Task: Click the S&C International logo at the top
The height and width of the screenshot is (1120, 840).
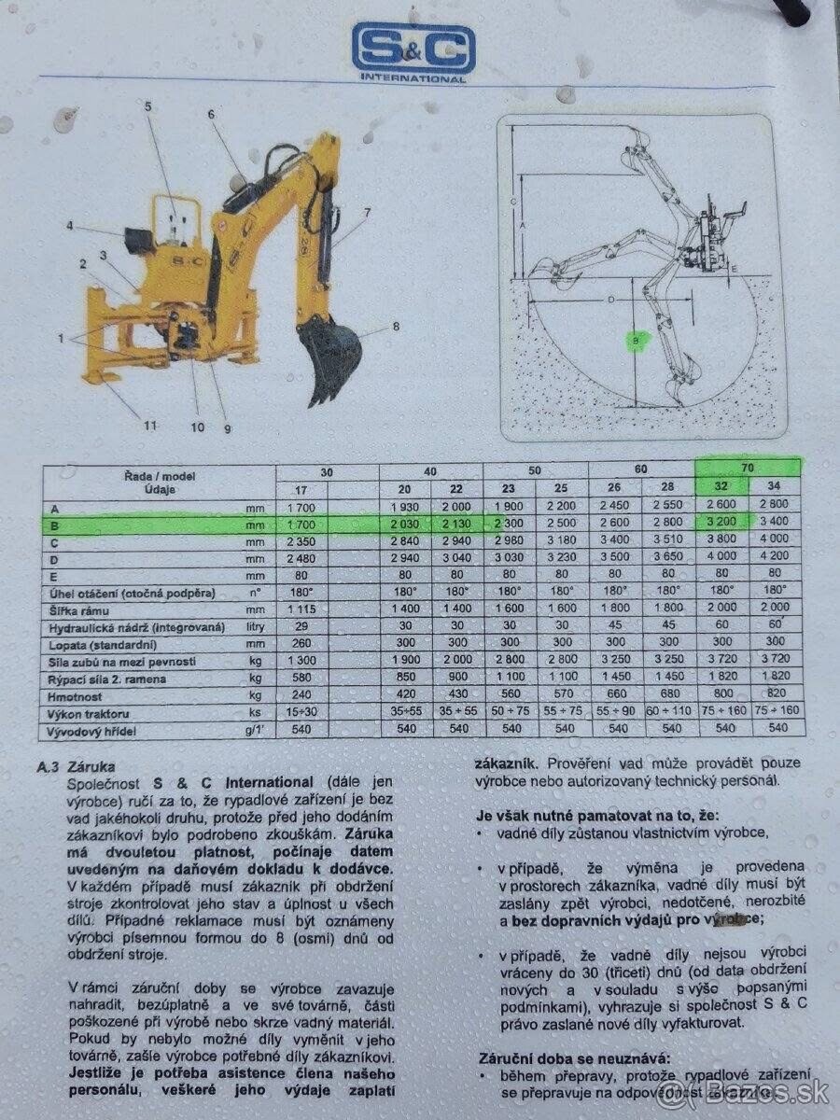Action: pos(413,52)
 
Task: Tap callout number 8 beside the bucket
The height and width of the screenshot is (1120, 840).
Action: pos(396,326)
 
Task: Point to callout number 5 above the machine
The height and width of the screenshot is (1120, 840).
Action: pos(147,107)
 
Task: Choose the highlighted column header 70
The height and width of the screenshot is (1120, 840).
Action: pos(747,466)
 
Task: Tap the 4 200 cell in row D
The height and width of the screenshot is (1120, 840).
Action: pos(774,557)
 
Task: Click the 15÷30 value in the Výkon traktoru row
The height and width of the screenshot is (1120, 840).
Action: pos(302,710)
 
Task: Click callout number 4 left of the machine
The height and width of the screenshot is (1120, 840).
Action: pos(70,225)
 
